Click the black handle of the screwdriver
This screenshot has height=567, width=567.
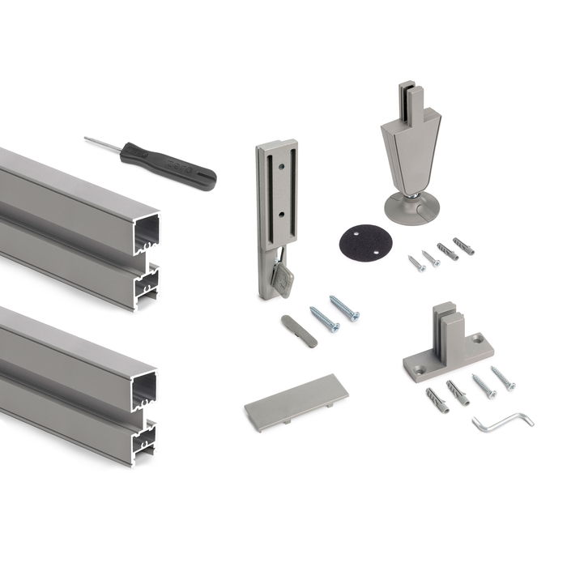(x=170, y=165)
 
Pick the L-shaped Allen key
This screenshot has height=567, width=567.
(x=502, y=422)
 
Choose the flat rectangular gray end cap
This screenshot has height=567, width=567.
(x=296, y=401)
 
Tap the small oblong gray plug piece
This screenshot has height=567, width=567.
(x=299, y=330)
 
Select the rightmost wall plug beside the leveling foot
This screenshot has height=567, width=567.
(x=464, y=245)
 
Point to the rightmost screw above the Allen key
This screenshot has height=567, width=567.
(x=503, y=377)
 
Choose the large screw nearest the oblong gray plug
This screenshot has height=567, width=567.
(x=324, y=318)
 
